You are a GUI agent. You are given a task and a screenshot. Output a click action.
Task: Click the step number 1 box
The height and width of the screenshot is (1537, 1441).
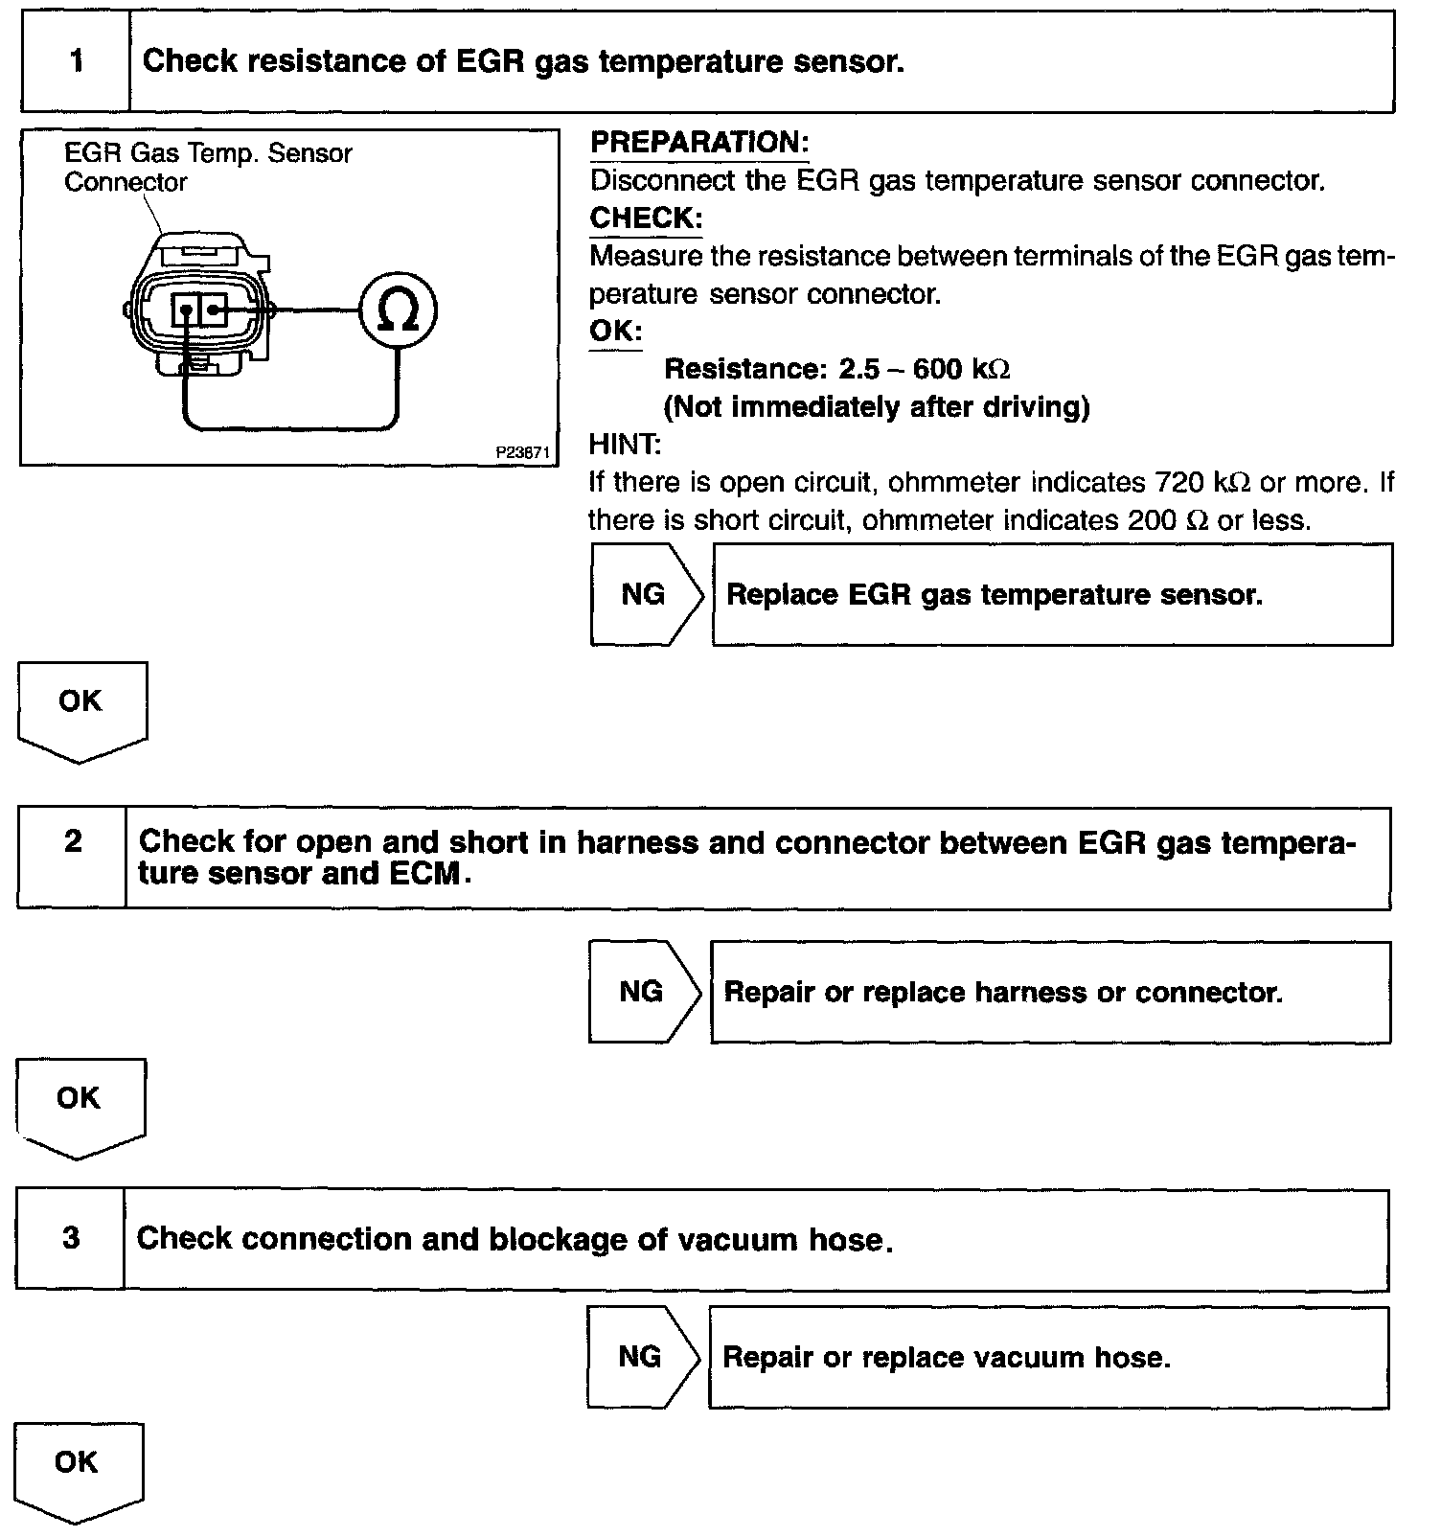pyautogui.click(x=76, y=62)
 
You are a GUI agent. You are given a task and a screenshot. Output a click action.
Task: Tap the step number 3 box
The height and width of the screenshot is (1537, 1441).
pyautogui.click(x=71, y=1238)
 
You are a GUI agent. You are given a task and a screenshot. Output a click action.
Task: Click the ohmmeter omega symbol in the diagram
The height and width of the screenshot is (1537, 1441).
pyautogui.click(x=398, y=310)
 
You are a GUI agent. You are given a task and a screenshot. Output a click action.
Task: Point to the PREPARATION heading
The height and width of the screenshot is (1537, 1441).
pyautogui.click(x=699, y=143)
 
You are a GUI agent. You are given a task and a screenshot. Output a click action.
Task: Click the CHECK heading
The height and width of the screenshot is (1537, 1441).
pyautogui.click(x=646, y=218)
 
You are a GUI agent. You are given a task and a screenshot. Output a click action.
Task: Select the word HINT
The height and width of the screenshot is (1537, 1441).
pyautogui.click(x=625, y=444)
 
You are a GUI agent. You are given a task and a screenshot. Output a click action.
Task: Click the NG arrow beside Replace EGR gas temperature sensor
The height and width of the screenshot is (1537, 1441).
pyautogui.click(x=645, y=594)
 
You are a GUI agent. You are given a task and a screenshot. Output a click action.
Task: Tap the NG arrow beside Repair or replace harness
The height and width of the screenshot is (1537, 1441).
pyautogui.click(x=643, y=991)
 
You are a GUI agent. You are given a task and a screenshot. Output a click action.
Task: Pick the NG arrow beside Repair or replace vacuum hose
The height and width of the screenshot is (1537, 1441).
pyautogui.click(x=641, y=1356)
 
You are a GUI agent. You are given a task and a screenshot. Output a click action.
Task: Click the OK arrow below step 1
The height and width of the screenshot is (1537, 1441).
pyautogui.click(x=80, y=707)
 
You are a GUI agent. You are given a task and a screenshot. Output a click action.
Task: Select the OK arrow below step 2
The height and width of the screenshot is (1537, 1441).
pyautogui.click(x=79, y=1104)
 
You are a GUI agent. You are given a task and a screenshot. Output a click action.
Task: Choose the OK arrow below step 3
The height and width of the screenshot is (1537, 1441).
pyautogui.click(x=77, y=1468)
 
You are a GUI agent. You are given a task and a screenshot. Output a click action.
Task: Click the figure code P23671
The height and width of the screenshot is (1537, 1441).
pyautogui.click(x=523, y=452)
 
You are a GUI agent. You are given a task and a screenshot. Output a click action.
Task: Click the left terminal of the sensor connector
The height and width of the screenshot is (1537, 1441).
pyautogui.click(x=186, y=310)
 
